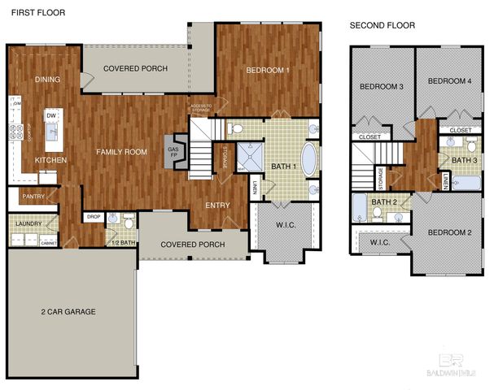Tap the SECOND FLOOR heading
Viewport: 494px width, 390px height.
[x=382, y=25]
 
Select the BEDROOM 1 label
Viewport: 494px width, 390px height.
[x=268, y=71]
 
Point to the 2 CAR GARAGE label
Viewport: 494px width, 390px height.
[x=68, y=311]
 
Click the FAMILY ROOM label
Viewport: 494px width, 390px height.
[x=121, y=152]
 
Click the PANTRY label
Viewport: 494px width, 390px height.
[x=33, y=196]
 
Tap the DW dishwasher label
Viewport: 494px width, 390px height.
[x=51, y=116]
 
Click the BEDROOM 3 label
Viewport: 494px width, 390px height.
[x=382, y=86]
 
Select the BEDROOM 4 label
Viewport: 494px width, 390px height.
[x=449, y=80]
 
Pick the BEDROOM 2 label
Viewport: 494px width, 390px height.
[x=449, y=232]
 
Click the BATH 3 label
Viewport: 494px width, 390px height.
[x=464, y=160]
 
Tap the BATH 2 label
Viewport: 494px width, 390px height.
[x=383, y=202]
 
